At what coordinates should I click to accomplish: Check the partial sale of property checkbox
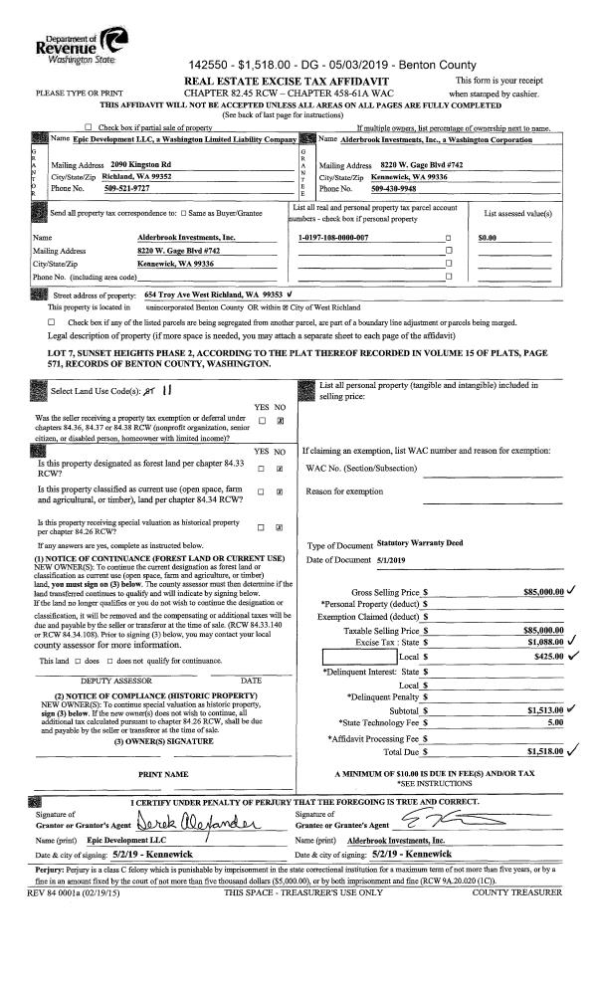(92, 127)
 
